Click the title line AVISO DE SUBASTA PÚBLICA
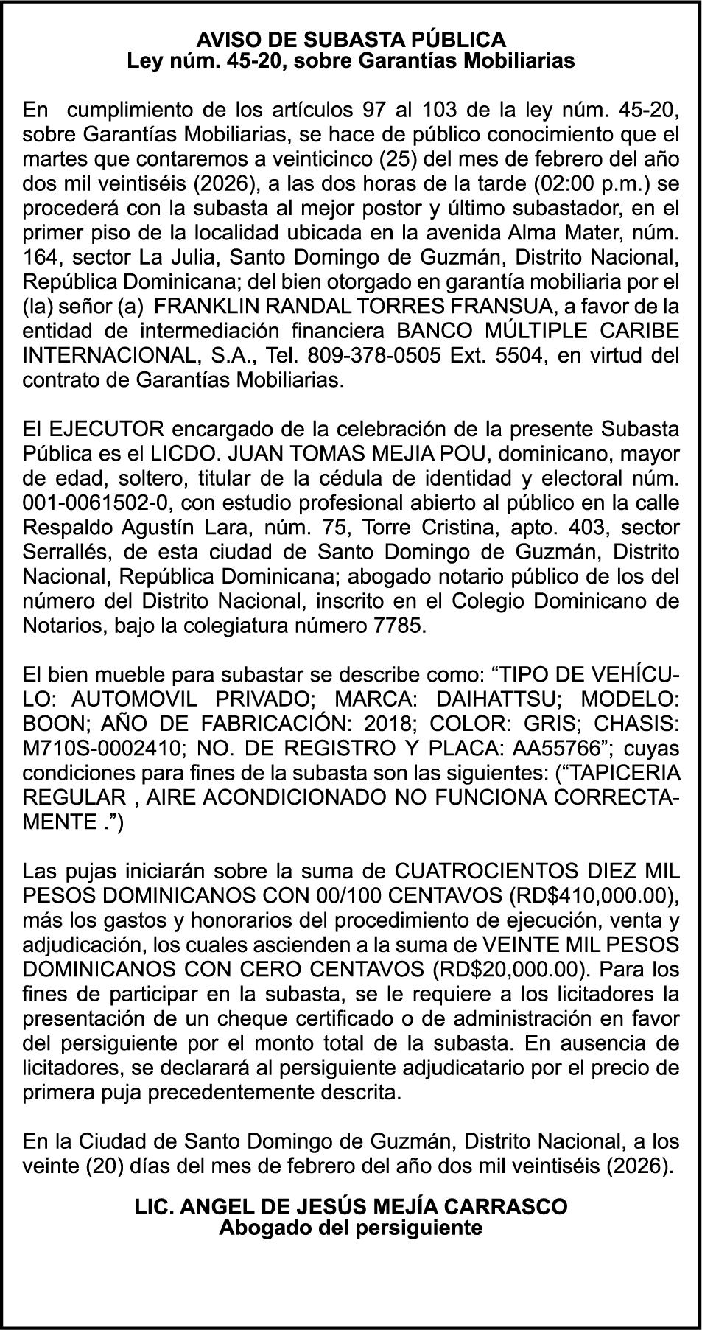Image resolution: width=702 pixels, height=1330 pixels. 351,39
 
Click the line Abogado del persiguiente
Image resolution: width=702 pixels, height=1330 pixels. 351,1228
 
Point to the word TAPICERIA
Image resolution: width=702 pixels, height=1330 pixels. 625,773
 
